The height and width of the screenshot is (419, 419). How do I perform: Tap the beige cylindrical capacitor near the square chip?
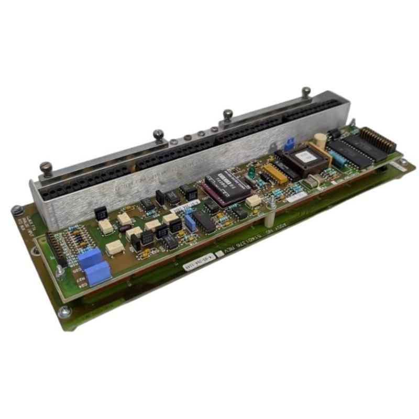321,139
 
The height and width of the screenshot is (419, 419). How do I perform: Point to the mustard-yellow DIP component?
275,173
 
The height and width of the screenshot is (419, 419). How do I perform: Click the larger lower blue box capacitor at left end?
98,273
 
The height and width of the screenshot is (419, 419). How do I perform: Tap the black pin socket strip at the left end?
55,250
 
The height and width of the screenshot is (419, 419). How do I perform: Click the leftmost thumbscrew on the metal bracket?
46,169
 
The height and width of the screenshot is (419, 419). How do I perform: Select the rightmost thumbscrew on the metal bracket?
306,93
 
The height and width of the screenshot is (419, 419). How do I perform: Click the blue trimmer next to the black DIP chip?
190,224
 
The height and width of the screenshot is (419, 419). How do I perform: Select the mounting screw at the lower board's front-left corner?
64,312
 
